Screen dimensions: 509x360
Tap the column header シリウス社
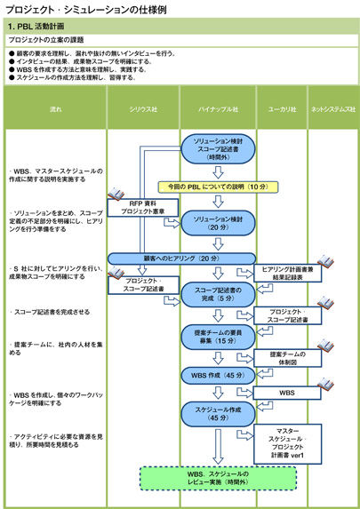pyautogui.click(x=143, y=108)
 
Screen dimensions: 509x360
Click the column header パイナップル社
pyautogui.click(x=218, y=108)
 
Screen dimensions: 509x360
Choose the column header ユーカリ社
pyautogui.click(x=282, y=108)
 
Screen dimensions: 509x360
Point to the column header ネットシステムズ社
pyautogui.click(x=332, y=108)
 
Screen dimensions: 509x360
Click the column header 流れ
pyautogui.click(x=55, y=108)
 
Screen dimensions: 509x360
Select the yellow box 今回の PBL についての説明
pyautogui.click(x=218, y=187)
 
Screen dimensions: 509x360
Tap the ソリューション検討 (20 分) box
pyautogui.click(x=218, y=222)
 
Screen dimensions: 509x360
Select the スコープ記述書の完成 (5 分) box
pyautogui.click(x=218, y=294)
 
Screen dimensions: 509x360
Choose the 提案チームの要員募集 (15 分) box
pyautogui.click(x=218, y=336)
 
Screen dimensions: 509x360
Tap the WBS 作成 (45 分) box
pyautogui.click(x=218, y=375)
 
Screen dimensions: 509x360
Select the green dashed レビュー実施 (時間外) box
pyautogui.click(x=218, y=479)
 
